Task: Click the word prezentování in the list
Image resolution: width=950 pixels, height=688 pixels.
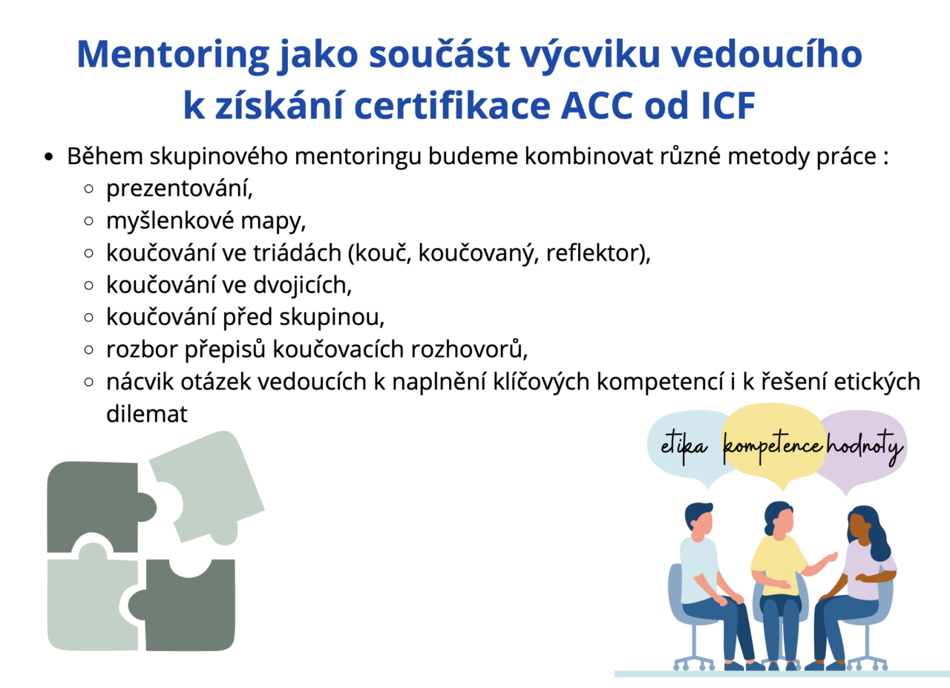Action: [x=180, y=189]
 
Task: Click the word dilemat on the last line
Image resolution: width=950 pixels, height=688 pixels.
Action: [x=147, y=414]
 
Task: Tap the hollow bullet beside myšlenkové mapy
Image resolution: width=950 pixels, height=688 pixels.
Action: [x=88, y=221]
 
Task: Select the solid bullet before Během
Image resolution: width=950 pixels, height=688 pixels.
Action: [x=49, y=157]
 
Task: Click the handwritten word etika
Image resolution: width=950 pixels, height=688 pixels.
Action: [x=684, y=447]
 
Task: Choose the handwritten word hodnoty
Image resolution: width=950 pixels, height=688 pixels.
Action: [x=865, y=447]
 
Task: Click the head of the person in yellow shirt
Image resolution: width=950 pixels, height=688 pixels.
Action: [x=779, y=520]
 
